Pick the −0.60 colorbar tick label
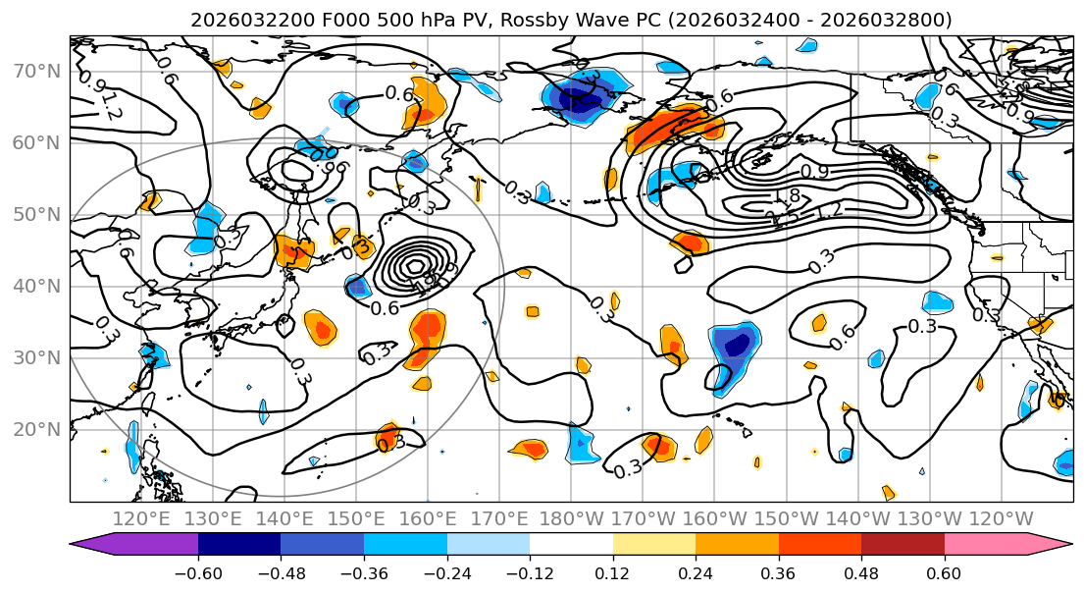[197, 573]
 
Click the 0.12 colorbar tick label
[612, 573]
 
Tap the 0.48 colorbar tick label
[861, 573]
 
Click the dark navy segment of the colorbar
[238, 544]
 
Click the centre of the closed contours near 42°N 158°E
[416, 265]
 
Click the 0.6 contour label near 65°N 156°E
[399, 94]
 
